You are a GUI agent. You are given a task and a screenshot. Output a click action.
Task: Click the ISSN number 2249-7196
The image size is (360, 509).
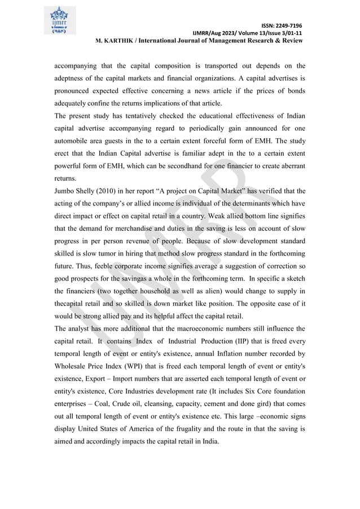[x=288, y=26]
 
